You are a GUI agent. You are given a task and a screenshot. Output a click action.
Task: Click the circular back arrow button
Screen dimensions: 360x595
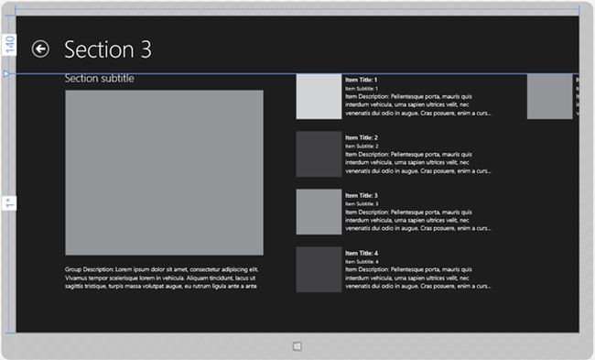pyautogui.click(x=40, y=49)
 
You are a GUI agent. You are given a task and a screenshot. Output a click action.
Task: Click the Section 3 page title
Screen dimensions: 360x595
pyautogui.click(x=108, y=49)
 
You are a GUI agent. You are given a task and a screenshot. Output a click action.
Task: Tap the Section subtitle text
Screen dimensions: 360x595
pyautogui.click(x=99, y=79)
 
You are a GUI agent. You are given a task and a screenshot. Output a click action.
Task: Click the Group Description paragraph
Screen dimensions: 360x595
pyautogui.click(x=162, y=278)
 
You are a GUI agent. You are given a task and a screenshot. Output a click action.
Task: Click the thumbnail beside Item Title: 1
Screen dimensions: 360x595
pyautogui.click(x=319, y=97)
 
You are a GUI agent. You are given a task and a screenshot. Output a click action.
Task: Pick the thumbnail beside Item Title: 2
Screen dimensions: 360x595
pyautogui.click(x=319, y=154)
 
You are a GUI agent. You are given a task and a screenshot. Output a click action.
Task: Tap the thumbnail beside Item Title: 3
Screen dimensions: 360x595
pyautogui.click(x=319, y=212)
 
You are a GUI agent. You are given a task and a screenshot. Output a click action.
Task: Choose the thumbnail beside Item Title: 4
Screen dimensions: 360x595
pyautogui.click(x=319, y=269)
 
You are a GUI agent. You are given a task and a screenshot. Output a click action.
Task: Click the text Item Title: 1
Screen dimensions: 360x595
pyautogui.click(x=362, y=81)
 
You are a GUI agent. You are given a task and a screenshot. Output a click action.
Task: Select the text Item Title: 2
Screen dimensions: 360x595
pyautogui.click(x=362, y=137)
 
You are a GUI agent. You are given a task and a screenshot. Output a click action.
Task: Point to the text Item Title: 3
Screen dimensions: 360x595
pyautogui.click(x=362, y=195)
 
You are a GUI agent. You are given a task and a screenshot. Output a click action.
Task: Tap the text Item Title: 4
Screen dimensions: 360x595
pyautogui.click(x=362, y=253)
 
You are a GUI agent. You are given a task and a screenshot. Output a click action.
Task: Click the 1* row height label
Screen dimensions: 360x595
pyautogui.click(x=8, y=202)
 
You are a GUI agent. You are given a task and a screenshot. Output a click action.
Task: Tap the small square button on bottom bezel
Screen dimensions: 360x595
pyautogui.click(x=297, y=346)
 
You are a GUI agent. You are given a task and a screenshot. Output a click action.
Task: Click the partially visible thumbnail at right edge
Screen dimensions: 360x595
pyautogui.click(x=549, y=97)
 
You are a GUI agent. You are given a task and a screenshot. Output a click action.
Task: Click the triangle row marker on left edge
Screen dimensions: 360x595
pyautogui.click(x=6, y=72)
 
